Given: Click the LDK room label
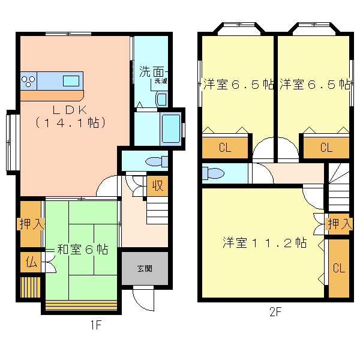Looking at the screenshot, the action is tap(70, 110).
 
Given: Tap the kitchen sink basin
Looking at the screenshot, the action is tap(71, 81).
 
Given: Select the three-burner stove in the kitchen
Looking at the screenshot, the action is tap(28, 81).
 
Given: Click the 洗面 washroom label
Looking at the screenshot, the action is tap(152, 72).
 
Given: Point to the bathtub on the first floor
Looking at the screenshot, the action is tap(171, 128).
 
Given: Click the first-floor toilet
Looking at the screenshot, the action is tap(157, 161).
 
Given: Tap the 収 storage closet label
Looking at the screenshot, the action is tap(157, 185).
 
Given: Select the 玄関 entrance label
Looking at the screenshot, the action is tap(145, 268).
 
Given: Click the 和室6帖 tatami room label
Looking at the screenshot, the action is tap(82, 249).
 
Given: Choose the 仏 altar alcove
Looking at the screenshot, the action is tap(31, 262).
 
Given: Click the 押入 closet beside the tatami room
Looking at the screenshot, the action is tap(31, 224).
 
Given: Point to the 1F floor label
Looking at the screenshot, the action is tap(95, 325).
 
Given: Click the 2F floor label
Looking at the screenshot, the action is tap(275, 312).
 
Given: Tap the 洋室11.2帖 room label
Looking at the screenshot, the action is tap(265, 242).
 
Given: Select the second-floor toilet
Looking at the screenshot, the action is tap(213, 173).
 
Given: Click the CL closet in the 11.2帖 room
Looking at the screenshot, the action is tap(339, 268).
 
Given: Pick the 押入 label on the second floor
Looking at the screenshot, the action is tap(340, 224).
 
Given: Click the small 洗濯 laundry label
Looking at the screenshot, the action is tap(160, 81).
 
